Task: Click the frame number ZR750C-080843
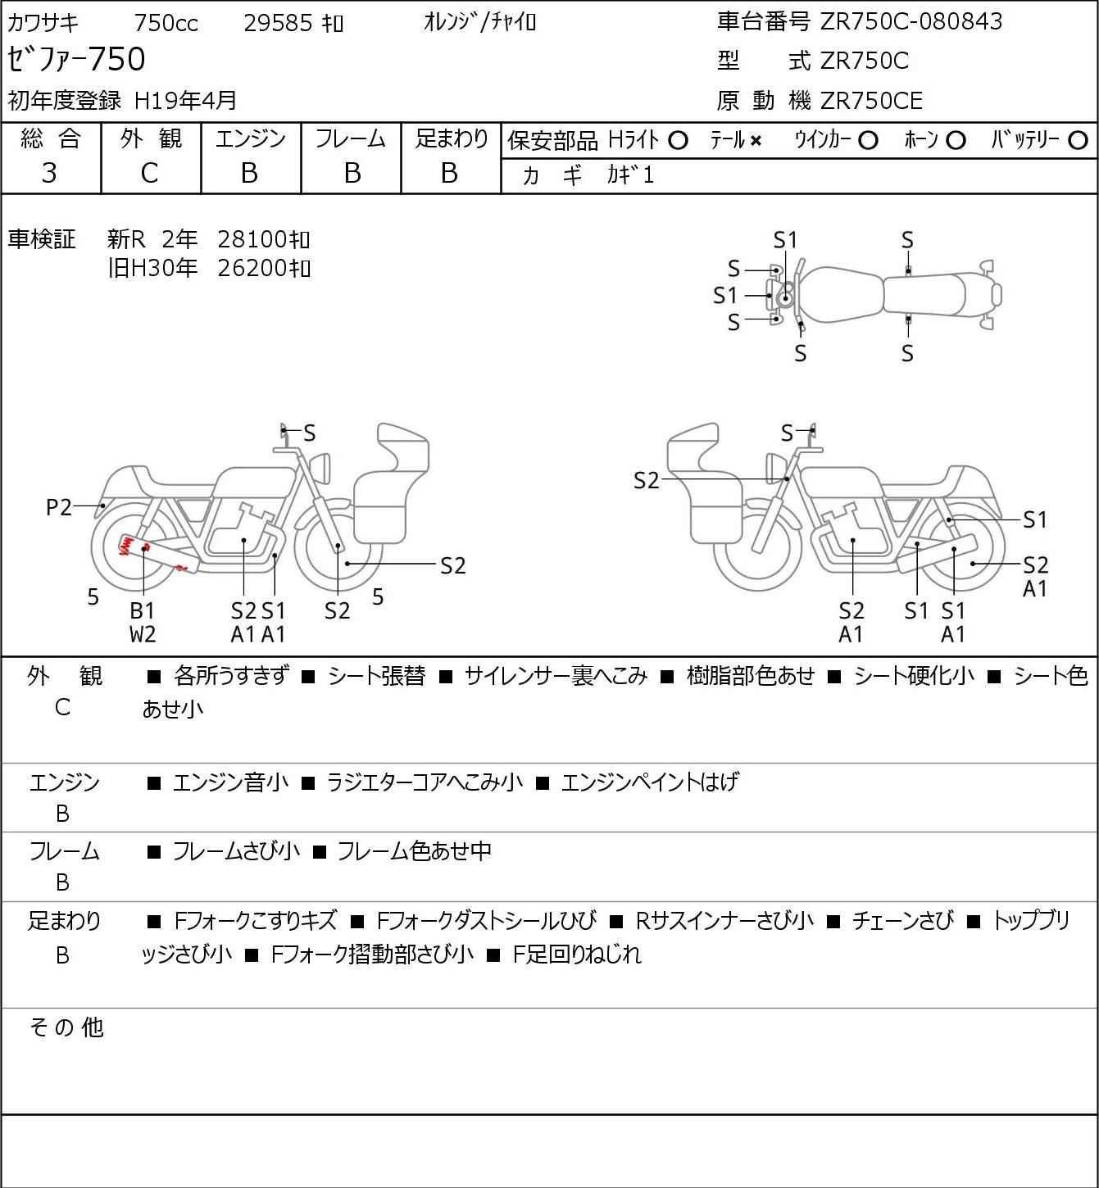pos(911,21)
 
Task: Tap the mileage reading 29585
pos(279,23)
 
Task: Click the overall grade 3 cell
pos(50,173)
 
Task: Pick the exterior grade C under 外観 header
pos(149,173)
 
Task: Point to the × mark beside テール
pos(755,141)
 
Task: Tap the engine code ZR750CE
pos(871,101)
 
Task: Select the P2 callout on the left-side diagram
pos(59,508)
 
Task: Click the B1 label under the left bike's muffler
pos(143,610)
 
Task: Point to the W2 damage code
pos(143,634)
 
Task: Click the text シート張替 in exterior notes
pos(376,676)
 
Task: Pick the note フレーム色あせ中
pos(414,851)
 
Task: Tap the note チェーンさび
pos(902,921)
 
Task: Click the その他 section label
pos(66,1027)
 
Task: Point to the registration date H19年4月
pos(185,101)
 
